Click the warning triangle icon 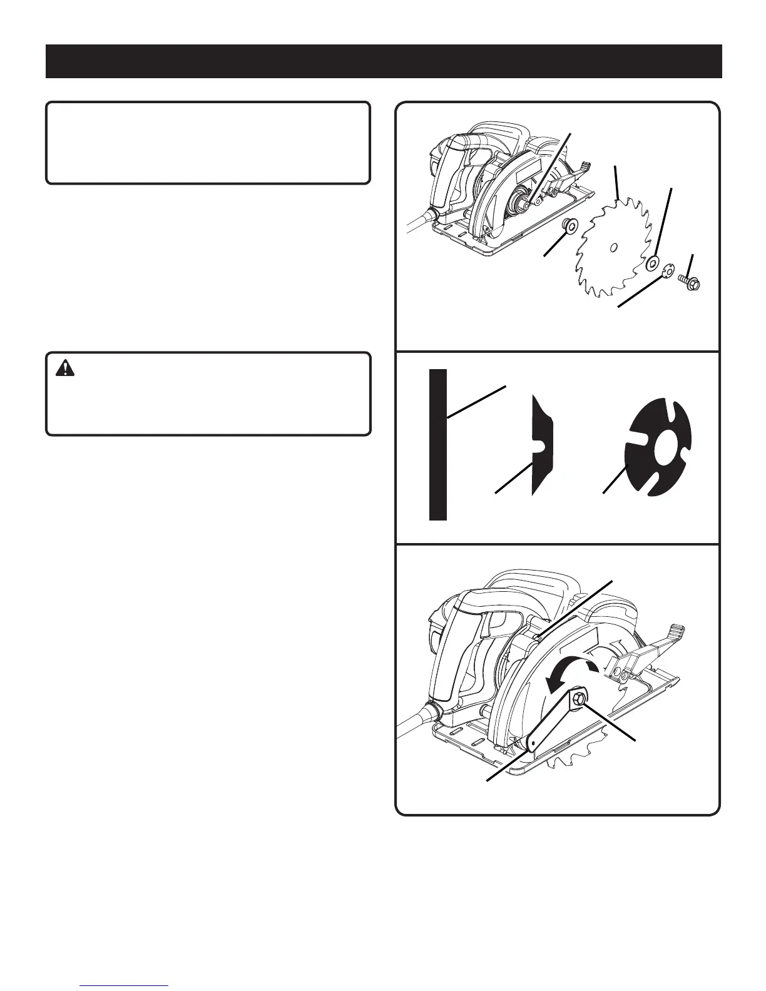(x=64, y=369)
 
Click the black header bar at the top (x=383, y=61)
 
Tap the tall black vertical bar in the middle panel (x=437, y=444)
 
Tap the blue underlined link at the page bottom (x=125, y=987)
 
